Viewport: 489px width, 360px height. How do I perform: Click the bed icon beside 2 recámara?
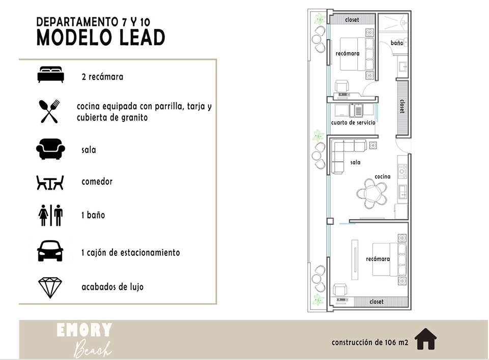pos(50,75)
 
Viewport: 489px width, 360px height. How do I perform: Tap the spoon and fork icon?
pos(49,111)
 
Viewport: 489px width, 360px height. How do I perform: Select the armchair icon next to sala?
pos(50,149)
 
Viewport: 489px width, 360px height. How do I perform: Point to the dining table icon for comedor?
pos(50,183)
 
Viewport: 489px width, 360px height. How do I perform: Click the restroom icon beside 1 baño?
pos(50,215)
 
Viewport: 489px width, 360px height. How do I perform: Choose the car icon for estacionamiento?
pos(50,251)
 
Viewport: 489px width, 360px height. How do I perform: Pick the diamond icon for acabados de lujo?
pos(50,288)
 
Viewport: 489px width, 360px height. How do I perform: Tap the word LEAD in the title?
pos(142,38)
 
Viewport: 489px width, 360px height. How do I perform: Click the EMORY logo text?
pos(84,330)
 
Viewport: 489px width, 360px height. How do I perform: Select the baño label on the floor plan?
pos(397,43)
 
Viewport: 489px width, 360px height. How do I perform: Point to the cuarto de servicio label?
pos(353,123)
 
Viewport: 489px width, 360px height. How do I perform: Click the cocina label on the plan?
pos(382,176)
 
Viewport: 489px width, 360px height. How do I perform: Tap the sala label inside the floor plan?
pos(355,162)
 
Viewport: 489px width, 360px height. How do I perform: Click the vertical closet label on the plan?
pos(402,106)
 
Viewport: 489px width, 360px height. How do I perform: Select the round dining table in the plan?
pos(372,195)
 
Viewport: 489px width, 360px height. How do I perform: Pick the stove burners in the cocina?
pos(402,171)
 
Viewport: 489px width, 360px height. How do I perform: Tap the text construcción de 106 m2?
pos(370,342)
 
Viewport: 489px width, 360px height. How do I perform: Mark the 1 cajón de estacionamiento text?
pos(131,253)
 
